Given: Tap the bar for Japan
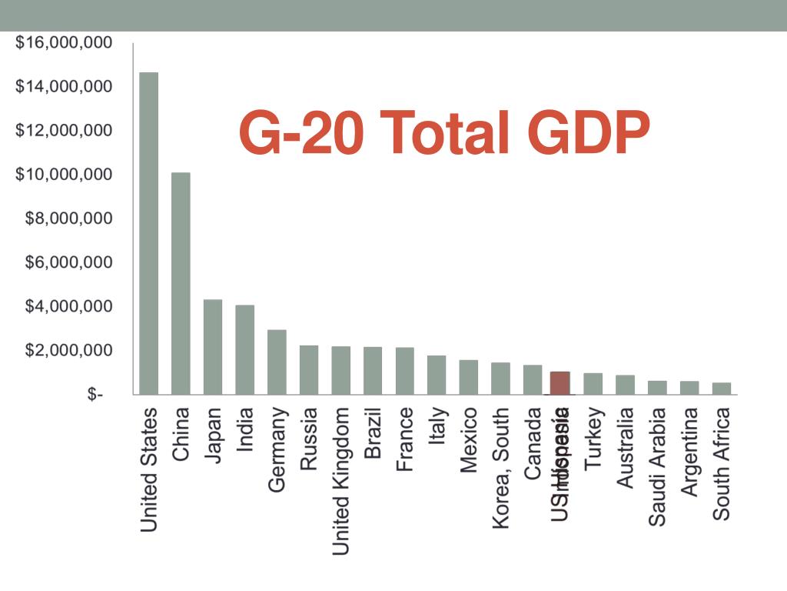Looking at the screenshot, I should click(213, 346).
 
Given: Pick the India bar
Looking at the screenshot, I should click(245, 349).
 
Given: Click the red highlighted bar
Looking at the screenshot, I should click(560, 382).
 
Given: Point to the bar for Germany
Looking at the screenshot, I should click(277, 362).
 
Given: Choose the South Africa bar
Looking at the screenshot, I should click(722, 388).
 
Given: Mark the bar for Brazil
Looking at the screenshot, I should click(373, 370).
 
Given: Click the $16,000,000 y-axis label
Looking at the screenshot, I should click(64, 42).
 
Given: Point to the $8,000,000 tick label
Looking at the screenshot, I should click(64, 219).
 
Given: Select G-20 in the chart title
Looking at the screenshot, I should click(303, 132).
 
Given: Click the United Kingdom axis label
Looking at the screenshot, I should click(340, 481).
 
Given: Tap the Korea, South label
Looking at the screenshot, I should click(501, 469).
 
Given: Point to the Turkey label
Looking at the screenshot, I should click(593, 439).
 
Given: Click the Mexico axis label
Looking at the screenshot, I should click(468, 440).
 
